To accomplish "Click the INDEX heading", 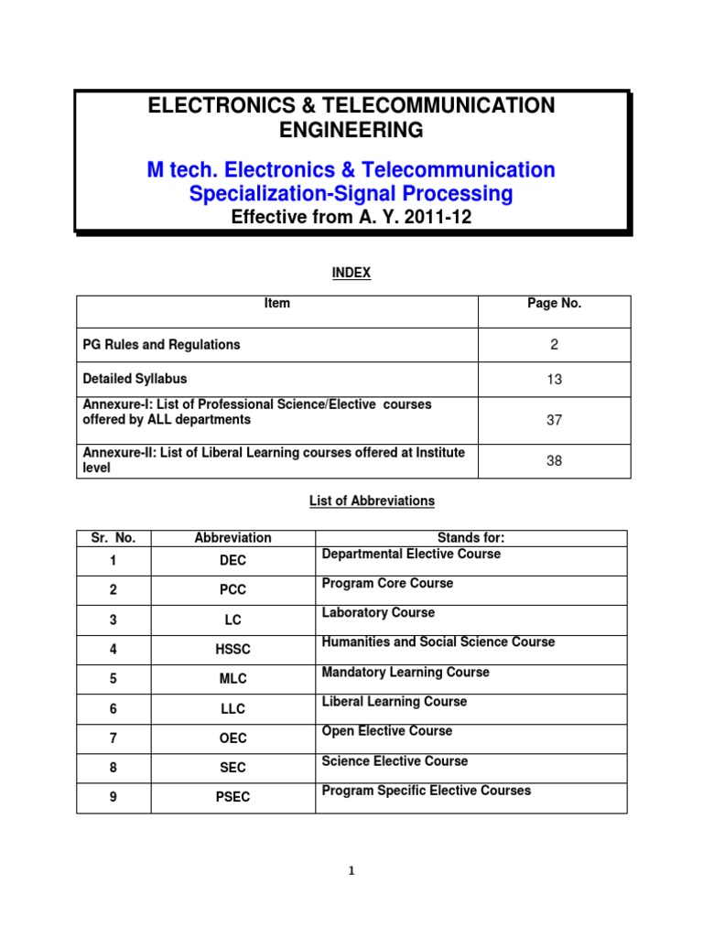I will [x=351, y=273].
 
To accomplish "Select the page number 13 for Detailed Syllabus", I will [x=554, y=380].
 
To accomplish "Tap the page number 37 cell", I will [x=554, y=420].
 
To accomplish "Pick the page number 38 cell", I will [x=554, y=461].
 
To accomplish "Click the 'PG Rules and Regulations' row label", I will [x=162, y=345].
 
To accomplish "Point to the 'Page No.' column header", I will [x=554, y=304].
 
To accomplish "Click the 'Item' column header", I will [x=276, y=304].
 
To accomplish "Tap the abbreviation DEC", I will [x=233, y=560].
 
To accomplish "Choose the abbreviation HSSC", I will [x=233, y=649].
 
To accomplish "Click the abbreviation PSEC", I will [x=233, y=797].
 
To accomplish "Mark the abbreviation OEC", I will [x=233, y=738].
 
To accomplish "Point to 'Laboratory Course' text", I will [x=378, y=613].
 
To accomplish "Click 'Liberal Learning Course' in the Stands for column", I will [x=395, y=702].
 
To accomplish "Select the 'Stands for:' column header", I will [x=471, y=538].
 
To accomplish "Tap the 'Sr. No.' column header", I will [x=114, y=538].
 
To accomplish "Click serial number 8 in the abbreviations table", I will [x=114, y=768].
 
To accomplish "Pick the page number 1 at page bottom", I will [x=351, y=871].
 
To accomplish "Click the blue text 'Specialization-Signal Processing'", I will [x=351, y=194].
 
